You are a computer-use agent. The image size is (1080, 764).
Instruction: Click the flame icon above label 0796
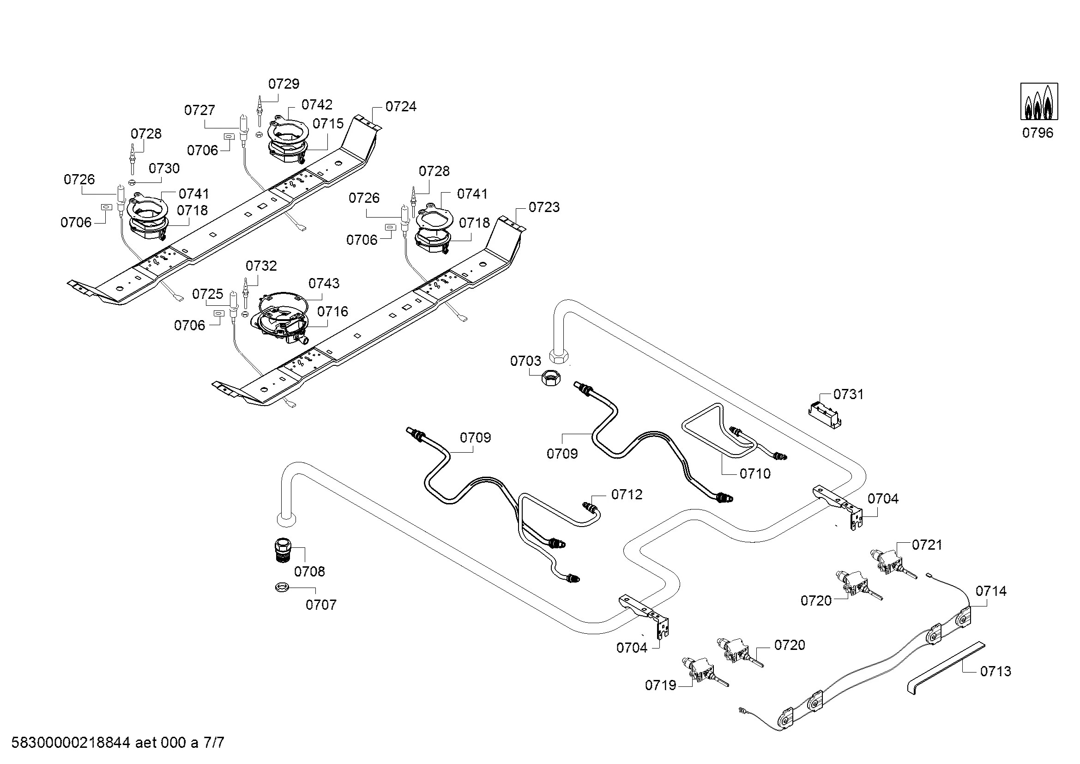point(1038,101)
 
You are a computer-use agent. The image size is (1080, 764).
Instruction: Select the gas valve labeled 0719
point(699,670)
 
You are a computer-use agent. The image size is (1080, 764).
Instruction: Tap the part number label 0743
point(324,283)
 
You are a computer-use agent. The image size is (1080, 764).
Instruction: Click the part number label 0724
point(401,107)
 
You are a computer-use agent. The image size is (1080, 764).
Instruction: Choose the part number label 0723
point(544,207)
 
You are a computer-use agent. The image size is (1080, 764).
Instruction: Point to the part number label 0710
point(755,474)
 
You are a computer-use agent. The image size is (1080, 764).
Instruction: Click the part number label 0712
point(627,494)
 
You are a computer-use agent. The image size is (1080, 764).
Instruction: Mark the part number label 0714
point(990,591)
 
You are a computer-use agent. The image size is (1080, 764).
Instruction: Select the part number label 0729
point(284,84)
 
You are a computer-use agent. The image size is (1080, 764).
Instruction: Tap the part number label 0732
point(261,266)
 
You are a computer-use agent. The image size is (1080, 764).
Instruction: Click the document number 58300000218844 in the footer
point(71,743)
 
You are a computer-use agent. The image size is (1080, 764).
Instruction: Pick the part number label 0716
point(332,311)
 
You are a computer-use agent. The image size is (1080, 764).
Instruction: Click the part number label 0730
point(164,169)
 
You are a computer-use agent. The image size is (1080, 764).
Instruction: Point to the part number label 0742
point(317,104)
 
